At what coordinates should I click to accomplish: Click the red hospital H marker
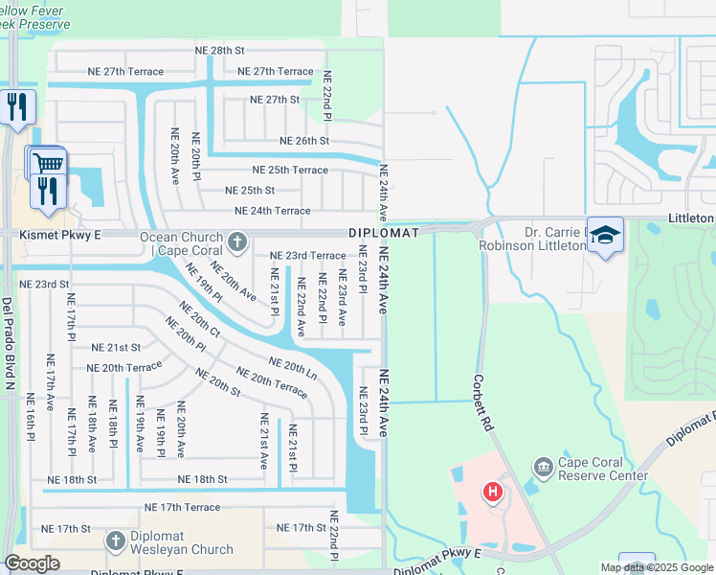pos(492,493)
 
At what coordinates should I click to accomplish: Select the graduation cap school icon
pos(605,236)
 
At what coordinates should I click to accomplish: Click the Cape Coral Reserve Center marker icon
pos(544,467)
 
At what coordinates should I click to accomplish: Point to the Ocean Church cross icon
pos(237,240)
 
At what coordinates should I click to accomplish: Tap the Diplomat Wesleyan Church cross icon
pos(115,540)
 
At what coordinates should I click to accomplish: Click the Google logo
pos(32,563)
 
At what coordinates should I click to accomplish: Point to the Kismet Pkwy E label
pos(40,233)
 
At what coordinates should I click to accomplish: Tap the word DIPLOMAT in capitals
pos(384,233)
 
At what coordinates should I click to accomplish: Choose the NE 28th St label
pos(214,50)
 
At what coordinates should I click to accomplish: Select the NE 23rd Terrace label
pos(307,256)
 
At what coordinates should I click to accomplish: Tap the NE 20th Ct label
pos(200,321)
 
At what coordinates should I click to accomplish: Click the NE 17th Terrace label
pos(183,507)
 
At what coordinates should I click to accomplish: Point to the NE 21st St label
pos(116,347)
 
